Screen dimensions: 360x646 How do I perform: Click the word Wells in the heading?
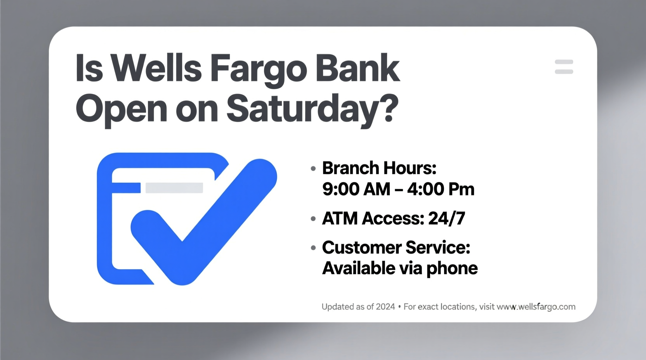click(x=156, y=69)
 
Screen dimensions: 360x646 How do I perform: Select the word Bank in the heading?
click(x=358, y=69)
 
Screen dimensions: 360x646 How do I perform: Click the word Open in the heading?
click(x=121, y=110)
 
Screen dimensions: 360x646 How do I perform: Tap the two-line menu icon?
click(x=564, y=67)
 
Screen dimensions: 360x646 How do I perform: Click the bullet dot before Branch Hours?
click(x=313, y=168)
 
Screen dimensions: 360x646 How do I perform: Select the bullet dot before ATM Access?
click(x=313, y=219)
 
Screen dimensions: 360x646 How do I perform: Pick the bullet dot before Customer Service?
click(x=313, y=247)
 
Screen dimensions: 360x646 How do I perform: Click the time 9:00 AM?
click(x=356, y=189)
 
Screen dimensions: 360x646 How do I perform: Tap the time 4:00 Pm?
click(x=441, y=189)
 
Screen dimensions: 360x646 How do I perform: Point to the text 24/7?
click(x=446, y=218)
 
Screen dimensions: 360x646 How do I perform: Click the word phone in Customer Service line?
click(x=452, y=268)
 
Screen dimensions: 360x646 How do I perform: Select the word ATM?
click(x=340, y=218)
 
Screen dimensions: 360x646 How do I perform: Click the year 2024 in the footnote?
click(x=385, y=307)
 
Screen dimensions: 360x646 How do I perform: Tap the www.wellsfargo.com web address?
click(x=536, y=307)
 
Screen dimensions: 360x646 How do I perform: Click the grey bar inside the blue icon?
click(x=174, y=188)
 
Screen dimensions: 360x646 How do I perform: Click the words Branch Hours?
click(x=379, y=168)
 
